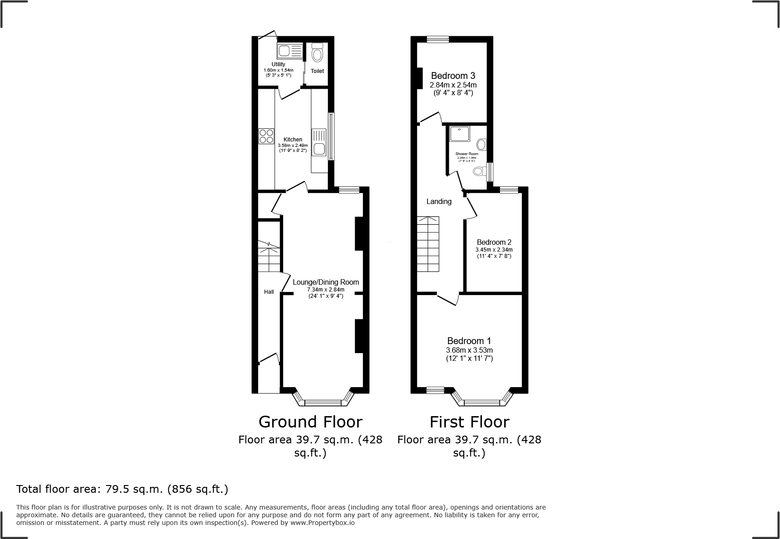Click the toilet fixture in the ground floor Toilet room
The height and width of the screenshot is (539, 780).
pyautogui.click(x=317, y=54)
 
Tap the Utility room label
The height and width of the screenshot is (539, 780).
pyautogui.click(x=278, y=64)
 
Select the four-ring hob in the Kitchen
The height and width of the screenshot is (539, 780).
pyautogui.click(x=266, y=136)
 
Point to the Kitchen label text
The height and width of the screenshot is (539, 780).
pyautogui.click(x=293, y=140)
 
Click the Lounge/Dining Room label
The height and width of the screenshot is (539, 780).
pyautogui.click(x=326, y=282)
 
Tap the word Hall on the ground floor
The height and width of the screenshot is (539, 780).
pyautogui.click(x=269, y=292)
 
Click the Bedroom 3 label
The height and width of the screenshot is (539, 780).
pyautogui.click(x=453, y=76)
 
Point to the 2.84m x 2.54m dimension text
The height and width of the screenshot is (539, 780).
pyautogui.click(x=453, y=85)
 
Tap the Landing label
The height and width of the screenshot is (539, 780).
pyautogui.click(x=439, y=201)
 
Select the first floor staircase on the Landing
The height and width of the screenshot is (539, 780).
pyautogui.click(x=428, y=245)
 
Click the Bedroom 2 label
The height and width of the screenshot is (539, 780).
pyautogui.click(x=494, y=243)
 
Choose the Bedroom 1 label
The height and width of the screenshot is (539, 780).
pyautogui.click(x=469, y=341)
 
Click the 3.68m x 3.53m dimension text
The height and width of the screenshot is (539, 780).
pyautogui.click(x=469, y=350)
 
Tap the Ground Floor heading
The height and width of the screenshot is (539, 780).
pyautogui.click(x=310, y=422)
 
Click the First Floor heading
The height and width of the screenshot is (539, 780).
pyautogui.click(x=469, y=422)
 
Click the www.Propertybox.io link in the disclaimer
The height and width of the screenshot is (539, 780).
pyautogui.click(x=322, y=523)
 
